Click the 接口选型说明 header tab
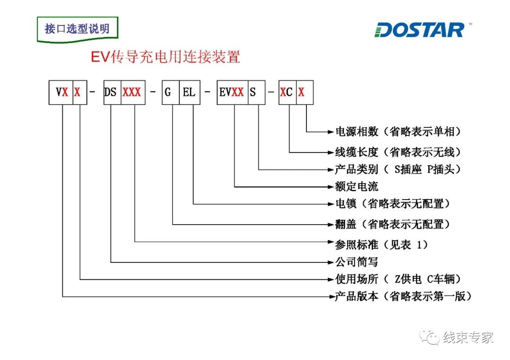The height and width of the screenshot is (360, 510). [x=77, y=29]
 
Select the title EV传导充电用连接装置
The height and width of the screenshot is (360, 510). [x=165, y=57]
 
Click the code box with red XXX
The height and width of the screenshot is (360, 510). [x=132, y=92]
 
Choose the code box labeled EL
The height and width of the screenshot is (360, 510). [x=189, y=92]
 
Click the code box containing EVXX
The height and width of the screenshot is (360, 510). [x=232, y=92]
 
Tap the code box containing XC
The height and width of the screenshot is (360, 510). [x=287, y=92]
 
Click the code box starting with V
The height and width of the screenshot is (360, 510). [x=62, y=92]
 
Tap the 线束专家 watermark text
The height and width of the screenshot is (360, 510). [x=467, y=337]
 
